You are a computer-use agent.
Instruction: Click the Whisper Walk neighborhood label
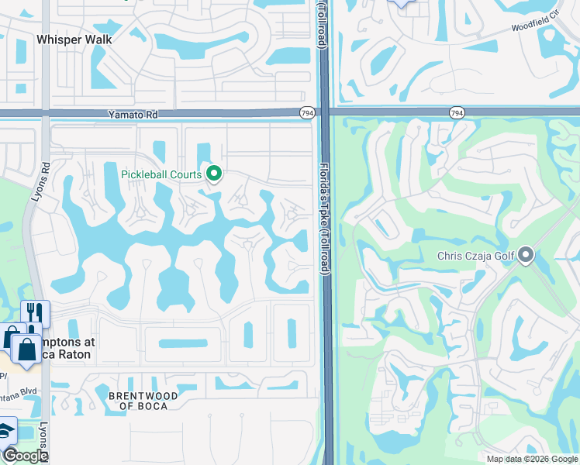coord(74,40)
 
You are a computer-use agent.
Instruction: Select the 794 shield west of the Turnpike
coord(307,113)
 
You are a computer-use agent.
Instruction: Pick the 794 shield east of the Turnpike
coord(456,113)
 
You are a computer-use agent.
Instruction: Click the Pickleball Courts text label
coord(161,174)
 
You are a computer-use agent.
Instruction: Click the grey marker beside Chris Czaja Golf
coord(526,255)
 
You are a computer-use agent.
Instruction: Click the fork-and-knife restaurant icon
coord(35,313)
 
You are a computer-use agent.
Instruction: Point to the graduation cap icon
coord(6,430)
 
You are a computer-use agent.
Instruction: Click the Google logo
coord(25,456)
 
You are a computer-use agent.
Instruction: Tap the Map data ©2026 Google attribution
coord(532,459)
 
